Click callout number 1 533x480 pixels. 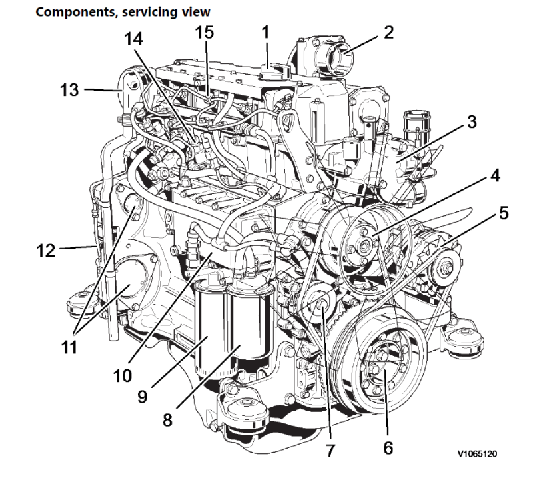(266, 31)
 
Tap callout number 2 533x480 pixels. (387, 32)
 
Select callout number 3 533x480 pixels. (471, 123)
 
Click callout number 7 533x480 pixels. (331, 449)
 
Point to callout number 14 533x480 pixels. (137, 38)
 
